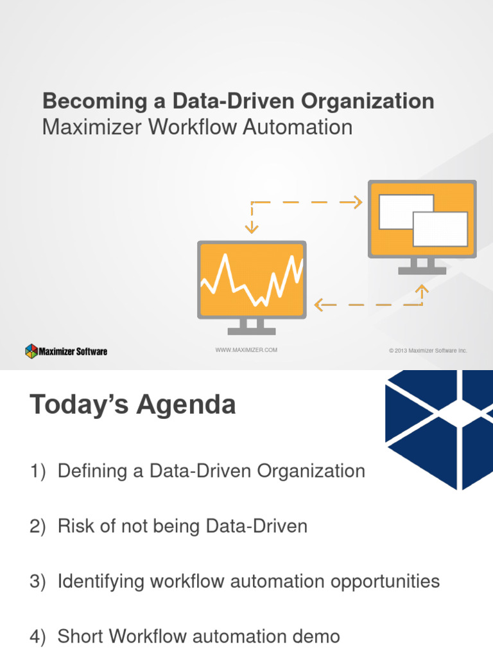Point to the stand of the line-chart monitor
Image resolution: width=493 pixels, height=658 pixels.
tap(252, 326)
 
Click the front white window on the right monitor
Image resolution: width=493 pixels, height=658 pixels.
tap(440, 229)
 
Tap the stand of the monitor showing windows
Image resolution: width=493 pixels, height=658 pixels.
tap(422, 266)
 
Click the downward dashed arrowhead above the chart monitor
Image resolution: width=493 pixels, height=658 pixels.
tap(252, 227)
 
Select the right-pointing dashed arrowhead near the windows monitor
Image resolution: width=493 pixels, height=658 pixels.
tap(356, 202)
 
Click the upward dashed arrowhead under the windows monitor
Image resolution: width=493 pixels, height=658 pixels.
tap(422, 290)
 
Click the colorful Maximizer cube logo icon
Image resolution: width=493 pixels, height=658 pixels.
tap(31, 351)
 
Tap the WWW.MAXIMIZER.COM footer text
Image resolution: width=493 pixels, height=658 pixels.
tap(246, 350)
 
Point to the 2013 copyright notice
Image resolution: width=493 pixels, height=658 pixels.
tap(428, 351)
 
